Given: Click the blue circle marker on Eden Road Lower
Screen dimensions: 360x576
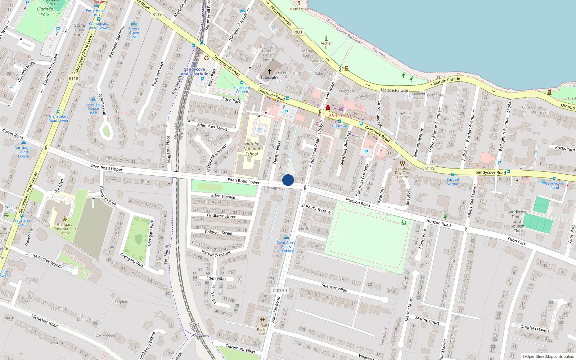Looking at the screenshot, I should click(x=288, y=180).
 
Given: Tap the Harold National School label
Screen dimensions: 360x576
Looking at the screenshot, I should click(x=252, y=149).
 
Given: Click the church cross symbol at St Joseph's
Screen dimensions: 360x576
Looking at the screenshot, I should click(x=269, y=71).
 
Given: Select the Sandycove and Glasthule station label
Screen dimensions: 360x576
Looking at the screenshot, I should click(x=194, y=72).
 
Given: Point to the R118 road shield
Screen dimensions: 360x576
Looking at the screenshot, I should click(x=73, y=78).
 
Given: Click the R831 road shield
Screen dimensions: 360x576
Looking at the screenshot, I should click(x=298, y=32).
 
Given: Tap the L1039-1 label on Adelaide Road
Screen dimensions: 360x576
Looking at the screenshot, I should click(x=280, y=291).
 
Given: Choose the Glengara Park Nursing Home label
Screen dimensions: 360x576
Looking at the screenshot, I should click(x=65, y=229).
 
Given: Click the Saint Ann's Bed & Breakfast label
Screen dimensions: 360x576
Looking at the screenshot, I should click(x=286, y=247).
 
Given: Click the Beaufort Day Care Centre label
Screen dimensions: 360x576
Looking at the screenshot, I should click(x=402, y=172).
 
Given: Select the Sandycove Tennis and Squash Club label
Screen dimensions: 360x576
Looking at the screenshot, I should click(x=517, y=221).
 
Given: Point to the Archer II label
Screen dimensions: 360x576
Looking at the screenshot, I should click(x=326, y=45).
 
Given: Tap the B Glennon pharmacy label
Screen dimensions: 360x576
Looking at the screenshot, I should click(x=337, y=115).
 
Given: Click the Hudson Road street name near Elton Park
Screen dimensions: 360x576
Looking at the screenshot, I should click(x=438, y=223).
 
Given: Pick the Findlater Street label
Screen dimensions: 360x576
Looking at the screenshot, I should click(x=221, y=216).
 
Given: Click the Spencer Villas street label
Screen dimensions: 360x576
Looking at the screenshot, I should click(x=334, y=287).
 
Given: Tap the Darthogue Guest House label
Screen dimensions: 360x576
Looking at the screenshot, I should click(x=23, y=152).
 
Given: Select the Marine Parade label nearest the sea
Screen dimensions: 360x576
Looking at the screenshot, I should click(x=446, y=81).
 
